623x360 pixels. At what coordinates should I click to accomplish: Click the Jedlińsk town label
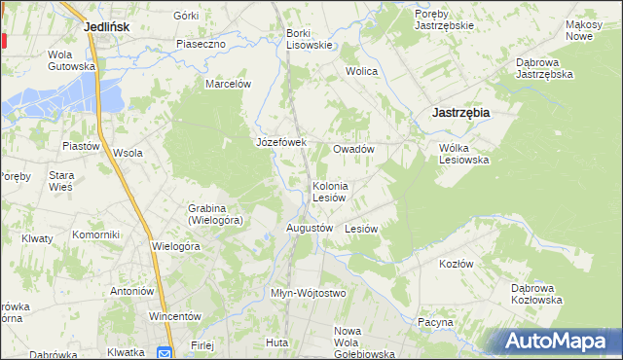point(107,27)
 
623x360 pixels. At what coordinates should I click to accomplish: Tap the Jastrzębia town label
point(459,113)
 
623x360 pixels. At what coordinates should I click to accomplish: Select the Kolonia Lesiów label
point(330,191)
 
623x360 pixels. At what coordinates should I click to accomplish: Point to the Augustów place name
point(310,228)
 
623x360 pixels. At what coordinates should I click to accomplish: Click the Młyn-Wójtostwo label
point(308,293)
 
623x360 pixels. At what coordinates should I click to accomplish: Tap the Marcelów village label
point(228,84)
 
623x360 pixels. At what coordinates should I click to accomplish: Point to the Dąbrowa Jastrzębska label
point(542,67)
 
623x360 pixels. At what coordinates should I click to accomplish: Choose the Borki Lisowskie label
point(310,38)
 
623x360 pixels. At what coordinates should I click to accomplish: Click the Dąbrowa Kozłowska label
point(537,294)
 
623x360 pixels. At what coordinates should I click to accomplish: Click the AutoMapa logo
point(556,341)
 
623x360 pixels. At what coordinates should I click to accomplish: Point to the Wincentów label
point(174,316)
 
